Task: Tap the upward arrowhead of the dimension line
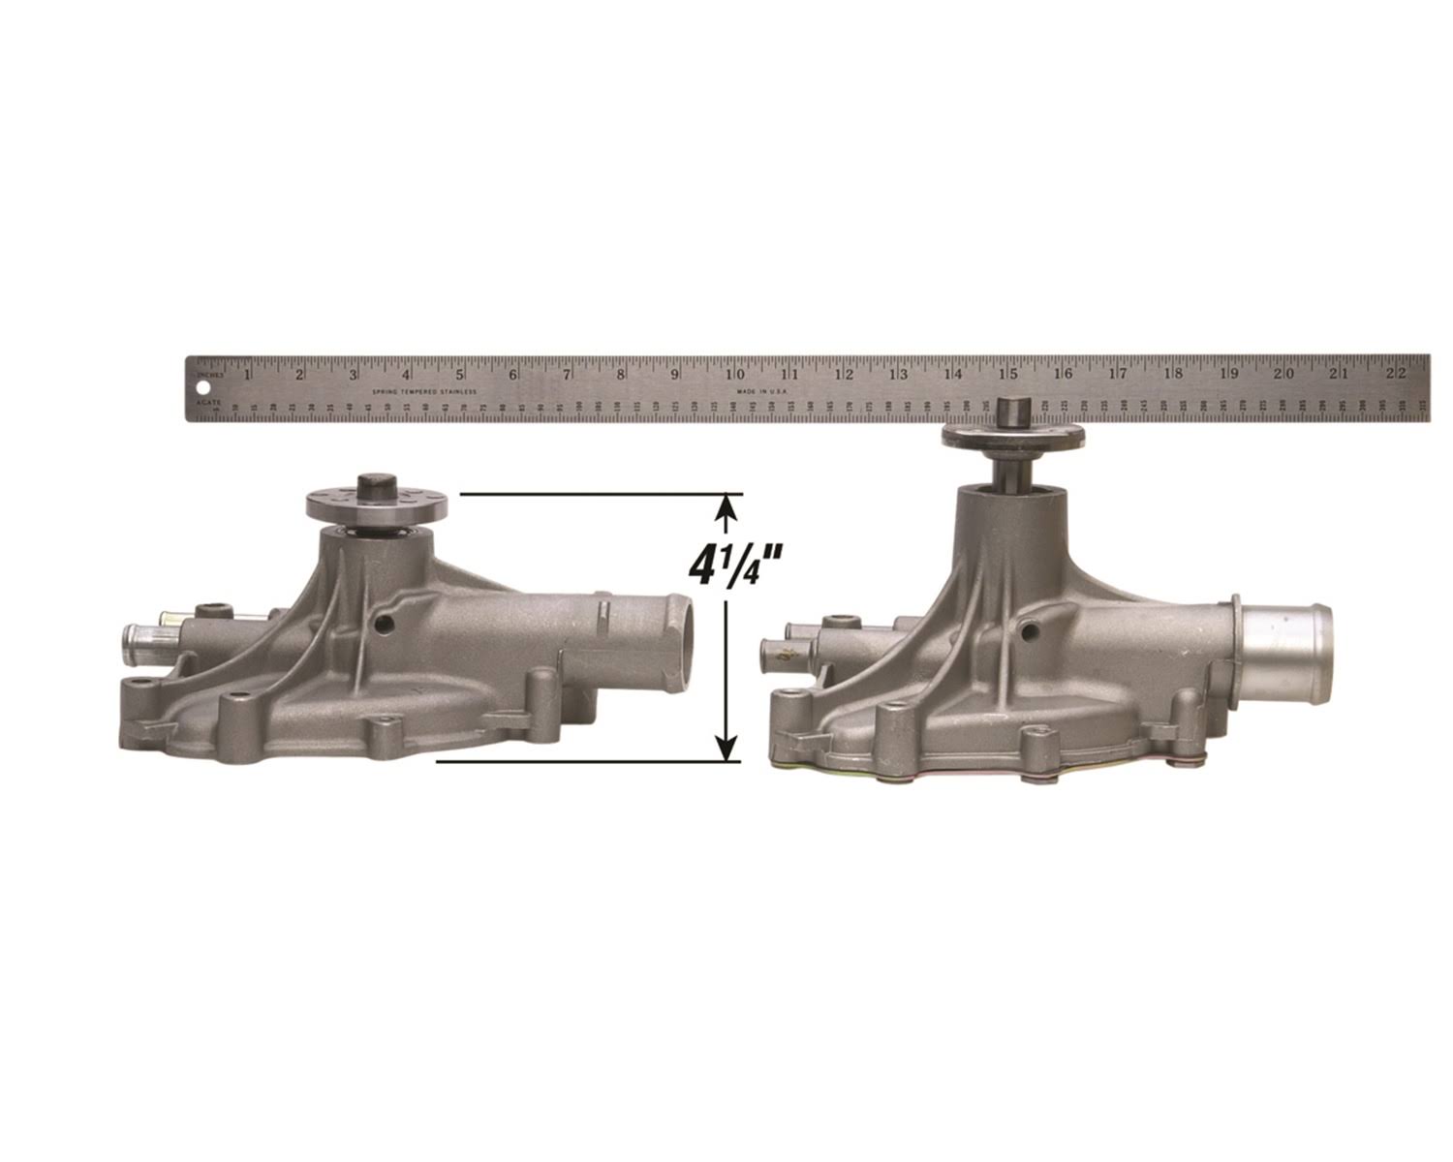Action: coord(726,507)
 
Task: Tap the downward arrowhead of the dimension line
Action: coord(726,748)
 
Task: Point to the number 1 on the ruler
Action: coord(248,374)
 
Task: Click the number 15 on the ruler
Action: coord(1008,374)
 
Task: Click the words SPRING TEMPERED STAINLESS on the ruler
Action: coord(424,391)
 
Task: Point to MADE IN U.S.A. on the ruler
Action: coord(762,391)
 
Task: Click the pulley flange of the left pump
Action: coord(376,504)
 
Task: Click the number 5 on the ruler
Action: coord(461,374)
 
